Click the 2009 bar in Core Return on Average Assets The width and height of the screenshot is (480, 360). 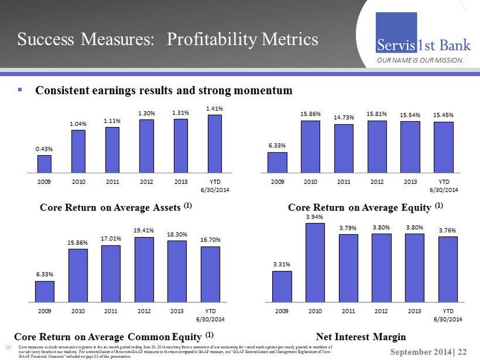click(x=45, y=163)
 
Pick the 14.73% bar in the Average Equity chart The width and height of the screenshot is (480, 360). click(x=343, y=148)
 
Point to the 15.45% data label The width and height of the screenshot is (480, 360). click(x=444, y=115)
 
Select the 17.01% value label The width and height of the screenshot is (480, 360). click(x=111, y=239)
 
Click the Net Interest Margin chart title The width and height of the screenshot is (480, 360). click(x=361, y=337)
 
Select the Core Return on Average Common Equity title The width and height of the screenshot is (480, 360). click(x=113, y=335)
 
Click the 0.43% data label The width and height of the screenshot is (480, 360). click(x=45, y=148)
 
